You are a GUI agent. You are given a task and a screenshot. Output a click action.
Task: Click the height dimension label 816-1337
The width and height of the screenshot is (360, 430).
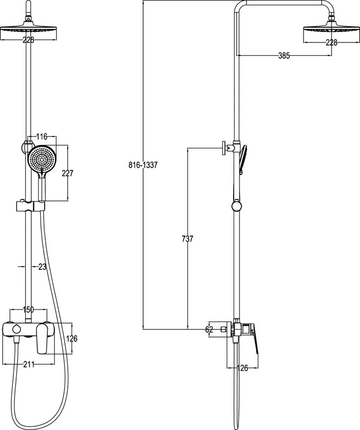tap(143, 165)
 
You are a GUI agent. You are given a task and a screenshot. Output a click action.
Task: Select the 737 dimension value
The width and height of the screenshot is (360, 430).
tap(188, 239)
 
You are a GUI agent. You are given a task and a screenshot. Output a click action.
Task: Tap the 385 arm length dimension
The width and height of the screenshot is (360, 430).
tap(284, 56)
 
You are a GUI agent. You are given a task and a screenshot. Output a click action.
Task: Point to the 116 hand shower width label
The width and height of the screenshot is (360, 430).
tap(42, 137)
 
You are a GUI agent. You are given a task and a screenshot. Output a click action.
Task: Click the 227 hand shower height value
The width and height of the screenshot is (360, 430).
tap(68, 173)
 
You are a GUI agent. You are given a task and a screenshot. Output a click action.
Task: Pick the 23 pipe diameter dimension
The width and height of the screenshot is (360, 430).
tap(43, 267)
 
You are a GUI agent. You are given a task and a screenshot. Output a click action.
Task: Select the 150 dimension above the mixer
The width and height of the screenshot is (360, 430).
tap(29, 310)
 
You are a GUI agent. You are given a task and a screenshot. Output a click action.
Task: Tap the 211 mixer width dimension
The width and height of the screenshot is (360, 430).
tap(29, 364)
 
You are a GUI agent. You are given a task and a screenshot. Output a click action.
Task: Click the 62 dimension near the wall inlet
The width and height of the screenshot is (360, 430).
tap(209, 329)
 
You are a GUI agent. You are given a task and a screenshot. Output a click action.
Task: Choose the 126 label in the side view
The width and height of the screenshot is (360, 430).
tap(242, 368)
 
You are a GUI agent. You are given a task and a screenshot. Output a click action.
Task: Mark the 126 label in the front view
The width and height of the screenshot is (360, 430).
tap(72, 339)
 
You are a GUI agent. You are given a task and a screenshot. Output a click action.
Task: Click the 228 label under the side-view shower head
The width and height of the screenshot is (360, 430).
tap(331, 42)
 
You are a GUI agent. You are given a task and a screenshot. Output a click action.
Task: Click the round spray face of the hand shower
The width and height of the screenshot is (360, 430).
tap(42, 159)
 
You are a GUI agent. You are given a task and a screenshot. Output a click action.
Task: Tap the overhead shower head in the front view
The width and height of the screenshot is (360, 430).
tap(29, 30)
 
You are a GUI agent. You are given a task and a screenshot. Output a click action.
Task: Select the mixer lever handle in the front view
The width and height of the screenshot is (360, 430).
tap(43, 338)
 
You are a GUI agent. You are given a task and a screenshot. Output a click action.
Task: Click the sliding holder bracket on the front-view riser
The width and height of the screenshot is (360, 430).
tap(31, 206)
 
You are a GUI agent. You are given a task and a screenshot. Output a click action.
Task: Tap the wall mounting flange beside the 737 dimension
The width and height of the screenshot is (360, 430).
tap(224, 148)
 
